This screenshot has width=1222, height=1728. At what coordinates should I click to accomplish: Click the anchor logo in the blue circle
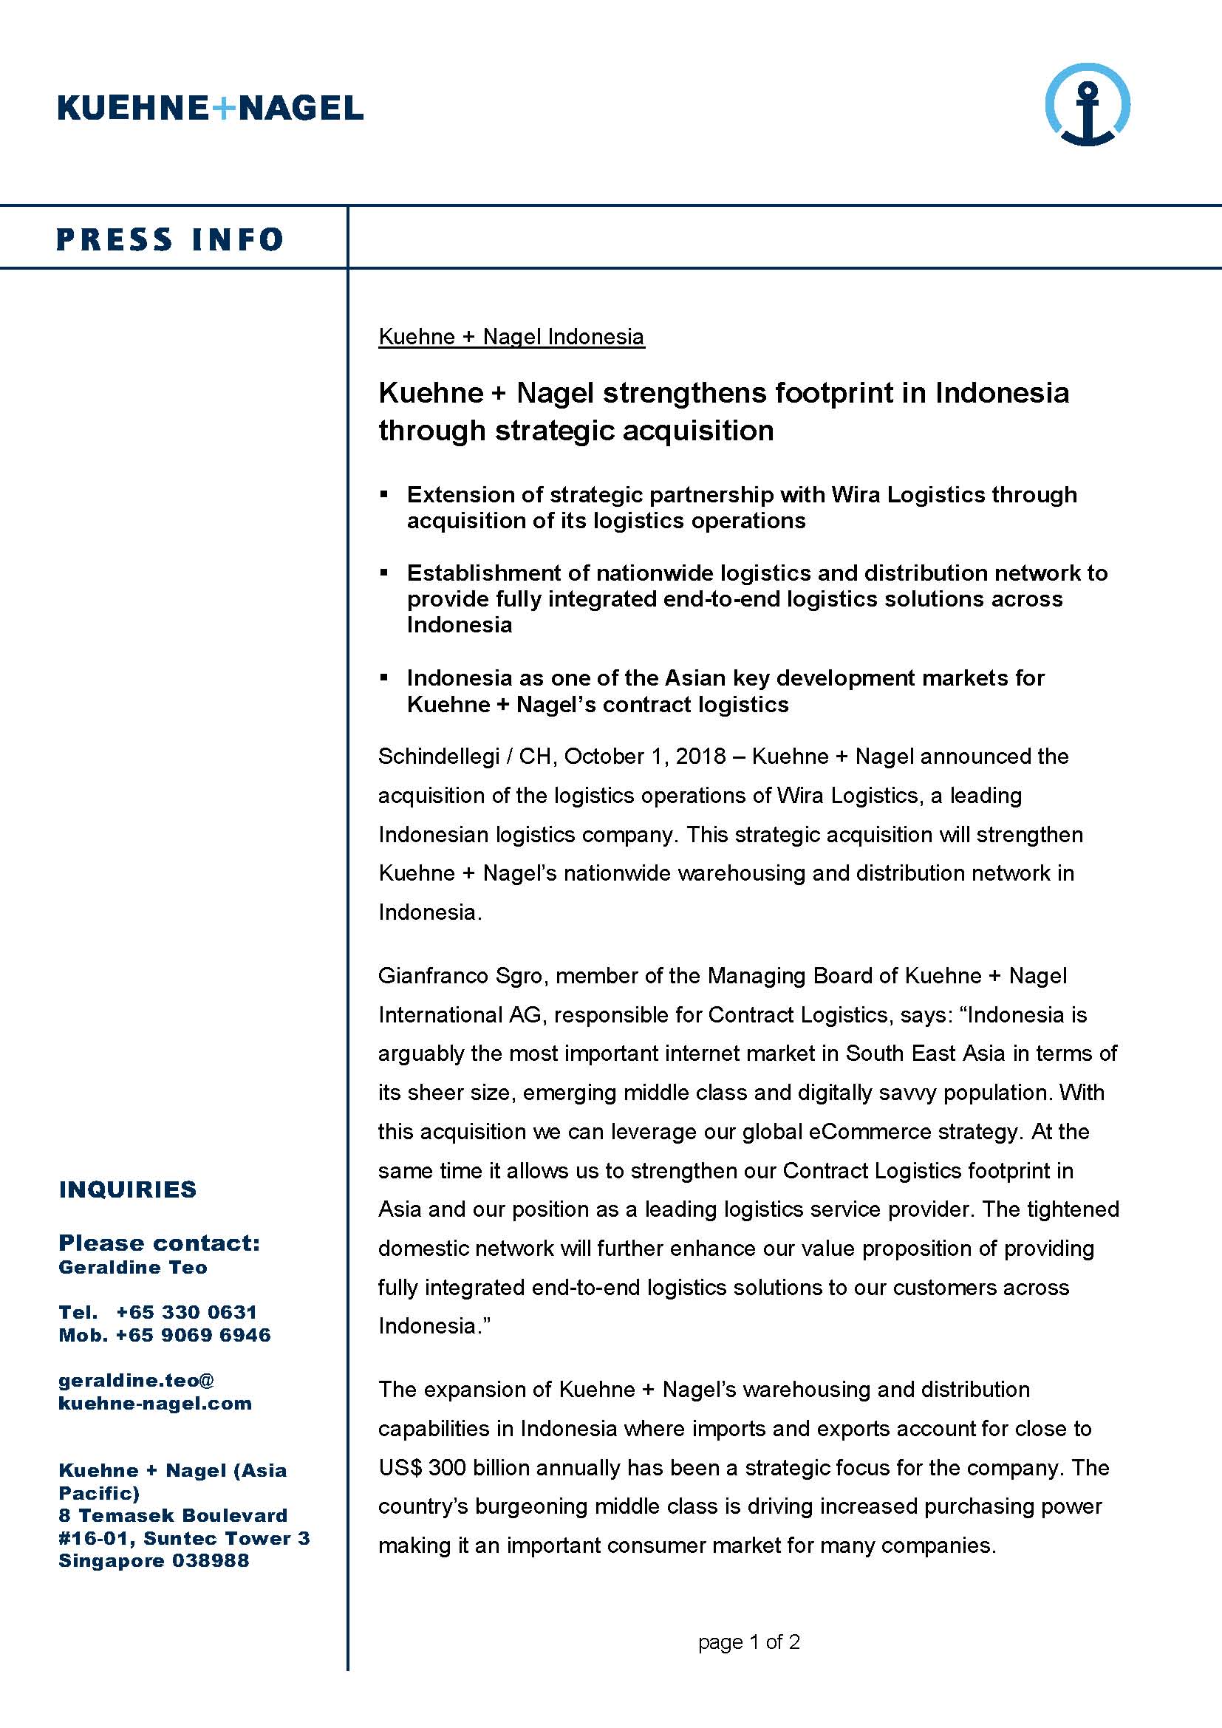[1088, 106]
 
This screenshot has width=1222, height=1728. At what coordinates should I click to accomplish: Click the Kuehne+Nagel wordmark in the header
[210, 108]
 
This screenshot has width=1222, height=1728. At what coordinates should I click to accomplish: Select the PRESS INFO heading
[169, 239]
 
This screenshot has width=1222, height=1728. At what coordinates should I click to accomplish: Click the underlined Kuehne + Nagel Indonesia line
[511, 336]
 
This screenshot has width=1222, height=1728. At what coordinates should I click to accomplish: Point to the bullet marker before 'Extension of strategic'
[383, 494]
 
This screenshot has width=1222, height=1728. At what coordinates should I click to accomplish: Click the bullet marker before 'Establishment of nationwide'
[383, 573]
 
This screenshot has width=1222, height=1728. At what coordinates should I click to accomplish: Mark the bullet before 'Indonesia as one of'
[383, 677]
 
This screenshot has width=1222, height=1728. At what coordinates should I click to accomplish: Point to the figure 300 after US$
[447, 1468]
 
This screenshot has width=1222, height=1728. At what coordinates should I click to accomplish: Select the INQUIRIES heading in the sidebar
[128, 1189]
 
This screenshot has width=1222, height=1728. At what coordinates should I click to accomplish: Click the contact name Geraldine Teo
[133, 1268]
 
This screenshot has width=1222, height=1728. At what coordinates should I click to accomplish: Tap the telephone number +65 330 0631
[187, 1312]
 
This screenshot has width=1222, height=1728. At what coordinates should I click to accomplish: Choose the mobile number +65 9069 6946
[194, 1334]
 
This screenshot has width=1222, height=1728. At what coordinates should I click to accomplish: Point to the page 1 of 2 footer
[748, 1642]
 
